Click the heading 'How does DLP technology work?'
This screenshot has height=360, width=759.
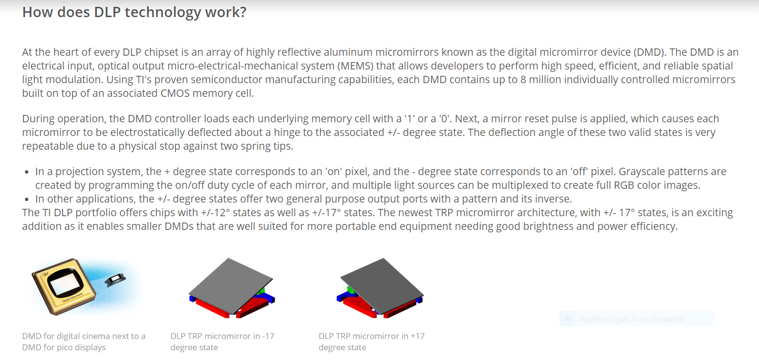[x=134, y=12]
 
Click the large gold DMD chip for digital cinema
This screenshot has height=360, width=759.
[x=64, y=286]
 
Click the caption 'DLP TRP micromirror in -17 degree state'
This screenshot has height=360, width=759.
[x=222, y=342]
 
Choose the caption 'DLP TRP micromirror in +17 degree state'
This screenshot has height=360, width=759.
[x=371, y=342]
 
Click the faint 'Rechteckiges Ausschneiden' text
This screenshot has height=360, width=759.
[x=632, y=319]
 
